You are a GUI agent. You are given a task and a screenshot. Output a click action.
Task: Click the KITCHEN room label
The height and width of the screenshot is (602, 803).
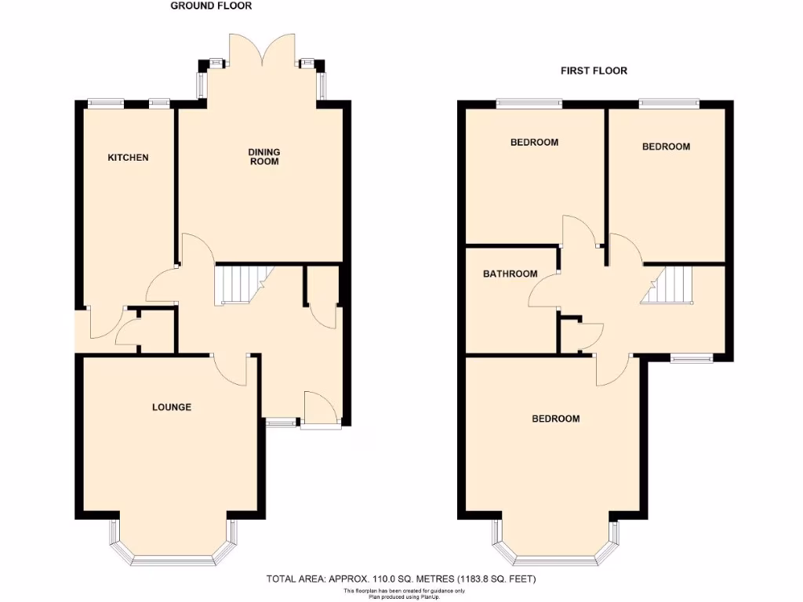click(128, 158)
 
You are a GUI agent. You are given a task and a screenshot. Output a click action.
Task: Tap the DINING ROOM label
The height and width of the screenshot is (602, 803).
click(264, 157)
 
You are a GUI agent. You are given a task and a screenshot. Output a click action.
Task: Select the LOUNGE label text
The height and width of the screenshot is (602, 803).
click(172, 407)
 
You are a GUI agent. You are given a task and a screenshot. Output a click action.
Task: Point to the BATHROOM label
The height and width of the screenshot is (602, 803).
click(510, 274)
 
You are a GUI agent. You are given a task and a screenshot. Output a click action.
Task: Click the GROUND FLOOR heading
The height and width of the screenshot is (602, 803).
click(212, 6)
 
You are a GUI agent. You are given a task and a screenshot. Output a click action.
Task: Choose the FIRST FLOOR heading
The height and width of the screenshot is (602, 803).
click(594, 71)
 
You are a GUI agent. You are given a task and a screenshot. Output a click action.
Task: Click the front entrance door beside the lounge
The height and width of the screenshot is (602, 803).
click(322, 409)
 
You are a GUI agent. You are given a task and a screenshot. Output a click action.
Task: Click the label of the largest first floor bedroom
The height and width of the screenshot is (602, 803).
click(556, 419)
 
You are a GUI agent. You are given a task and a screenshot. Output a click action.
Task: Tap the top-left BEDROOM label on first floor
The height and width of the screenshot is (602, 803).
click(534, 143)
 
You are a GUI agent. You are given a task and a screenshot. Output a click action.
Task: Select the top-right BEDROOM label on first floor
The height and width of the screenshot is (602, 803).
click(666, 147)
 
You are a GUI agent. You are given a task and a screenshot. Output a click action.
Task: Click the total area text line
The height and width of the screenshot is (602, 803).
click(401, 579)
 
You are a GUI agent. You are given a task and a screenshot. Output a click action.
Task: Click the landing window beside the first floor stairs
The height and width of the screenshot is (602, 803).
click(691, 359)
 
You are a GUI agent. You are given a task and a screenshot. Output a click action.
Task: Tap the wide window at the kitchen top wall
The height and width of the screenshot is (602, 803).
click(105, 101)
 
